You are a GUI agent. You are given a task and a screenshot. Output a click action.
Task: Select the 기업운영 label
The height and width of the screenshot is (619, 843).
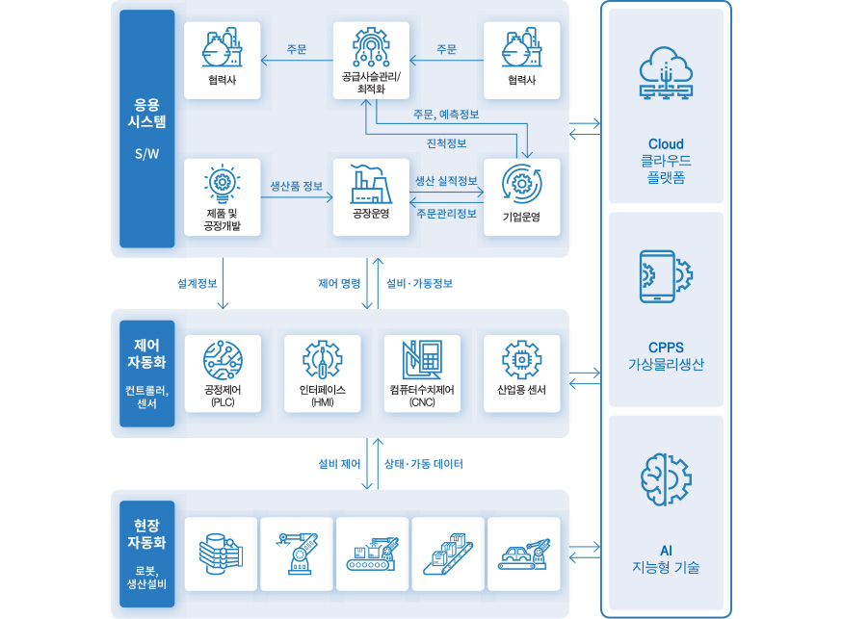point(521,217)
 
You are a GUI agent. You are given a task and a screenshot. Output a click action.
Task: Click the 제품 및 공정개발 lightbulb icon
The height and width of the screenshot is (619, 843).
point(223,181)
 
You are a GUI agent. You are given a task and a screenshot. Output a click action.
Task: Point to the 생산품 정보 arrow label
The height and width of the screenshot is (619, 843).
point(297,186)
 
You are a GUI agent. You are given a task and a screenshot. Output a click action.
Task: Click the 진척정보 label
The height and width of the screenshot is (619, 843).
point(446,143)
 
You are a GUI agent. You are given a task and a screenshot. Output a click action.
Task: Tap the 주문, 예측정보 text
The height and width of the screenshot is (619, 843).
point(446,115)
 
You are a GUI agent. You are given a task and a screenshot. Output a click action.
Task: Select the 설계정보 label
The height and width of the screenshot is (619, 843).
point(197,284)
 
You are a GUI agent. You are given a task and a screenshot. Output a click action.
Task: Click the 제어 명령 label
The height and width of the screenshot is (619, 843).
point(339,284)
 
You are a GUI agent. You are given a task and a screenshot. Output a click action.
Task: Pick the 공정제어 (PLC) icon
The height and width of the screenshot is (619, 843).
point(223,359)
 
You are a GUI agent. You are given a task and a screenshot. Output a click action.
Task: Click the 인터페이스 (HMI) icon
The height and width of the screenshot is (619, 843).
point(322,359)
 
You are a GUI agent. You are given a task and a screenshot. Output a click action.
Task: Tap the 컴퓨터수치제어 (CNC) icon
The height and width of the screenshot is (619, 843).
point(421,359)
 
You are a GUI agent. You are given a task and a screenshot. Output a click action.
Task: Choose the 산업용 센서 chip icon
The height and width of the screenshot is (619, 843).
point(521,359)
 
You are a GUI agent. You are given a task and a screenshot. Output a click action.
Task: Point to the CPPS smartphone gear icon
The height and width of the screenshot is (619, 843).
point(666,277)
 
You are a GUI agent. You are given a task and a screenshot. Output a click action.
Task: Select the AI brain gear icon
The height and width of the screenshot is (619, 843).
point(666,478)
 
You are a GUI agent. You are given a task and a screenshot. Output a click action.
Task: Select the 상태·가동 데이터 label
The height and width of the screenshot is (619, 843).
point(424,464)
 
